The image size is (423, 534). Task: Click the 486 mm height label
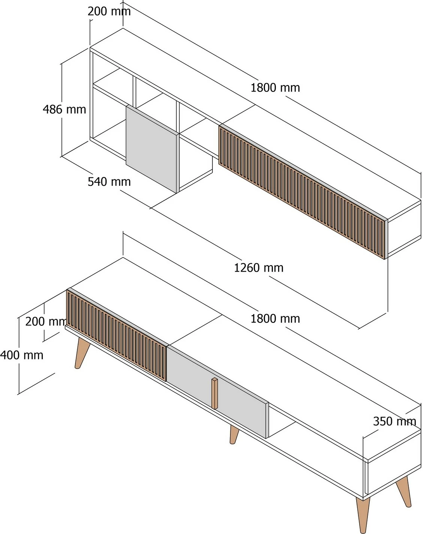(x=64, y=110)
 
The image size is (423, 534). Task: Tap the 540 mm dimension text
(x=109, y=182)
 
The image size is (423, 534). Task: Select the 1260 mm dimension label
(x=259, y=268)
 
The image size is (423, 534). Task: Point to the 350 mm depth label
(x=394, y=421)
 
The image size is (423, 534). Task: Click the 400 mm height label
(x=22, y=355)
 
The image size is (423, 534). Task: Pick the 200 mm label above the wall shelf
(x=109, y=11)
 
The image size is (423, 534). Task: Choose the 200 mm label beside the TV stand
(x=46, y=322)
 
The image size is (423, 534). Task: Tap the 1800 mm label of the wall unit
(x=275, y=88)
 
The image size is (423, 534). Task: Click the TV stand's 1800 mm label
(x=275, y=319)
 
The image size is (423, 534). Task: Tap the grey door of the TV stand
(x=217, y=392)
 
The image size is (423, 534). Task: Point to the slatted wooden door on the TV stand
(x=116, y=335)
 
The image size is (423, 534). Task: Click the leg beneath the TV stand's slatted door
(x=81, y=353)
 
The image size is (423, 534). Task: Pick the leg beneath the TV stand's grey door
(x=234, y=435)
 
